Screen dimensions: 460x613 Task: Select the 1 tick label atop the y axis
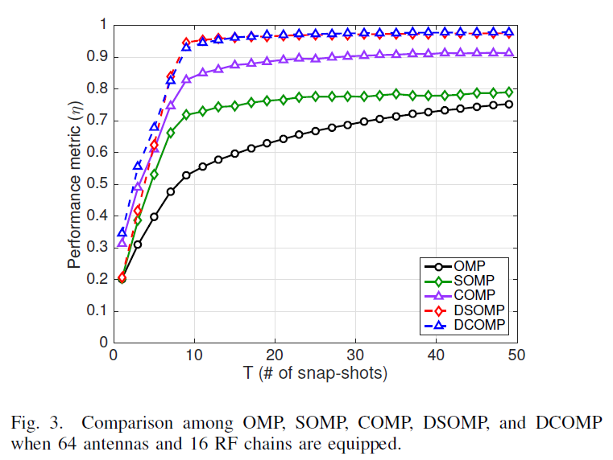pos(102,25)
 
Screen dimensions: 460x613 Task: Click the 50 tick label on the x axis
pos(516,355)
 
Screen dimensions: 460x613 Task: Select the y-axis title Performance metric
pos(74,183)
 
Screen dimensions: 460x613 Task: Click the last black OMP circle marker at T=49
pos(508,104)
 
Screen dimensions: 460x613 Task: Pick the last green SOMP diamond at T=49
pos(508,92)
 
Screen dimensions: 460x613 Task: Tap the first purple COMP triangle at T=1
pos(122,242)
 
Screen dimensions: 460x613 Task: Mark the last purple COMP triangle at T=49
pos(508,52)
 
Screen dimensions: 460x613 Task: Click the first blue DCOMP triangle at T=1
pos(122,232)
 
